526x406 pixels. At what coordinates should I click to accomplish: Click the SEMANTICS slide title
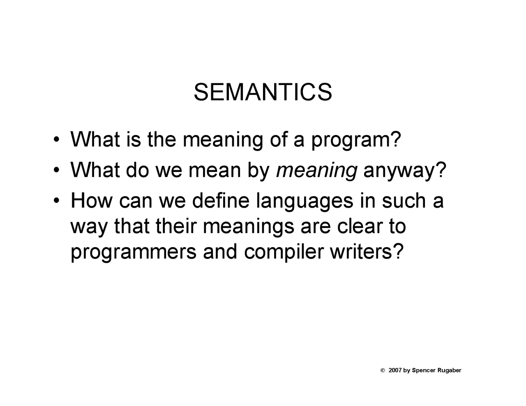point(263,92)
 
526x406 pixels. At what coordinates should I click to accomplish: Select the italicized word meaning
point(316,171)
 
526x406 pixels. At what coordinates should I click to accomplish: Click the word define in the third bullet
point(221,200)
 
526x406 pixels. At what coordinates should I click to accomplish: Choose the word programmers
point(134,252)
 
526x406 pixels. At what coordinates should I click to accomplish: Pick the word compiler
point(284,252)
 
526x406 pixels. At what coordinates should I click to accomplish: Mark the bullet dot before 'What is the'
point(56,140)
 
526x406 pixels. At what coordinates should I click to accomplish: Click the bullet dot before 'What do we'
point(56,170)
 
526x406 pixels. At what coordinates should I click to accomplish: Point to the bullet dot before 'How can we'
point(56,201)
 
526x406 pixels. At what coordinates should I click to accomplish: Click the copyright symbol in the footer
point(383,370)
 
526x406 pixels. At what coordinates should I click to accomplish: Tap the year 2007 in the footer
point(395,370)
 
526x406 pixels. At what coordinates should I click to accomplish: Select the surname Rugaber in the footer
point(449,370)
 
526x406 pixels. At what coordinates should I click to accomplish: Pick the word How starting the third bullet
point(92,200)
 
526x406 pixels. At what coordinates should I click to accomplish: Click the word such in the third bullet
point(404,200)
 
